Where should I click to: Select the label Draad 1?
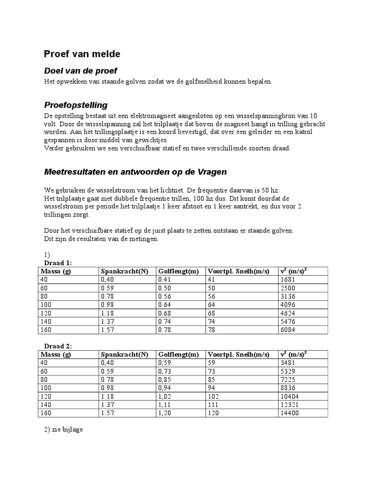pos(58,263)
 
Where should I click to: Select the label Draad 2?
pos(58,346)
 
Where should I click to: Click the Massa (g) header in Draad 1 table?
pos(55,271)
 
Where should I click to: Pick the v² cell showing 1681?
pos(287,279)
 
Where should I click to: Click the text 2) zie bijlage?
pos(63,429)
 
